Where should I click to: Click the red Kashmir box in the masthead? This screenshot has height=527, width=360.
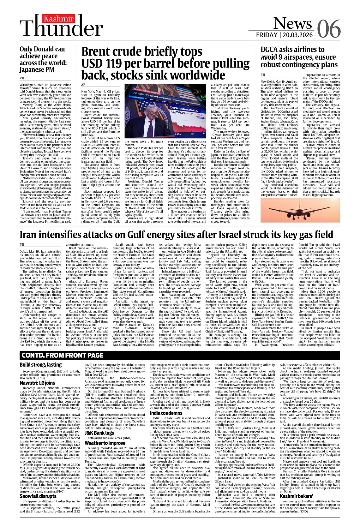pos(59,19)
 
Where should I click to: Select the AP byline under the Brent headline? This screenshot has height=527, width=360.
pos(83,85)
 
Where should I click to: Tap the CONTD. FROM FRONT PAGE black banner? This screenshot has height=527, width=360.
pos(63,355)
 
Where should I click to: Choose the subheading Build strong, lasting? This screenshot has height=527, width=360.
pos(41,365)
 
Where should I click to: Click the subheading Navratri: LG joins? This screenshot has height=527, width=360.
pos(37,383)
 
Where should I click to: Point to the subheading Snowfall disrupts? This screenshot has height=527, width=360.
pos(38,496)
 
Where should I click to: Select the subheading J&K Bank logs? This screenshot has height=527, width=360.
pos(99,433)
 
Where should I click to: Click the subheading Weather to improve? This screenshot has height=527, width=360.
pos(105,443)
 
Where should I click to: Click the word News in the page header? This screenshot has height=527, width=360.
pos(292,23)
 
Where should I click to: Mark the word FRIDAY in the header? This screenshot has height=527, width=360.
pos(267,35)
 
